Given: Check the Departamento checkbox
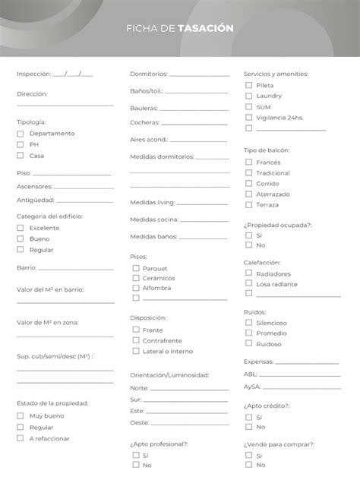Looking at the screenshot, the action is click(x=21, y=133).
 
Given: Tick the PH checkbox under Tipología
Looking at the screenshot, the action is click(x=21, y=144).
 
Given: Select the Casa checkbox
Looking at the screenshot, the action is click(x=21, y=156).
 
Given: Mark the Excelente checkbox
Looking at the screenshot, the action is click(x=21, y=228).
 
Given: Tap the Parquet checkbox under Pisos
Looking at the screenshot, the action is click(x=136, y=268).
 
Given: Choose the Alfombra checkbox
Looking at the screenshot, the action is click(x=136, y=288).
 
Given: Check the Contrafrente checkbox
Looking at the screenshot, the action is click(x=136, y=340).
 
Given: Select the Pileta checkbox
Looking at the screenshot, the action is click(x=249, y=86).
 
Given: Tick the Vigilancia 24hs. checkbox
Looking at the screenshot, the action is click(x=249, y=118).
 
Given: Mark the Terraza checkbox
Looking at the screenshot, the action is click(x=249, y=205).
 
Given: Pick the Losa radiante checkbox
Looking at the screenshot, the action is click(x=249, y=283).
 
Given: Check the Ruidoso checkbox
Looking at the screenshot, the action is click(x=249, y=344).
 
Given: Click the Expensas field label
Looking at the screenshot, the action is click(x=259, y=362).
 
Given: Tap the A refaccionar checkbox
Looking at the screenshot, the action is click(x=21, y=438).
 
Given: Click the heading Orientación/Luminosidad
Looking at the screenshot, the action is click(x=169, y=374).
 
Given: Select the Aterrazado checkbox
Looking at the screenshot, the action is click(x=249, y=194).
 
